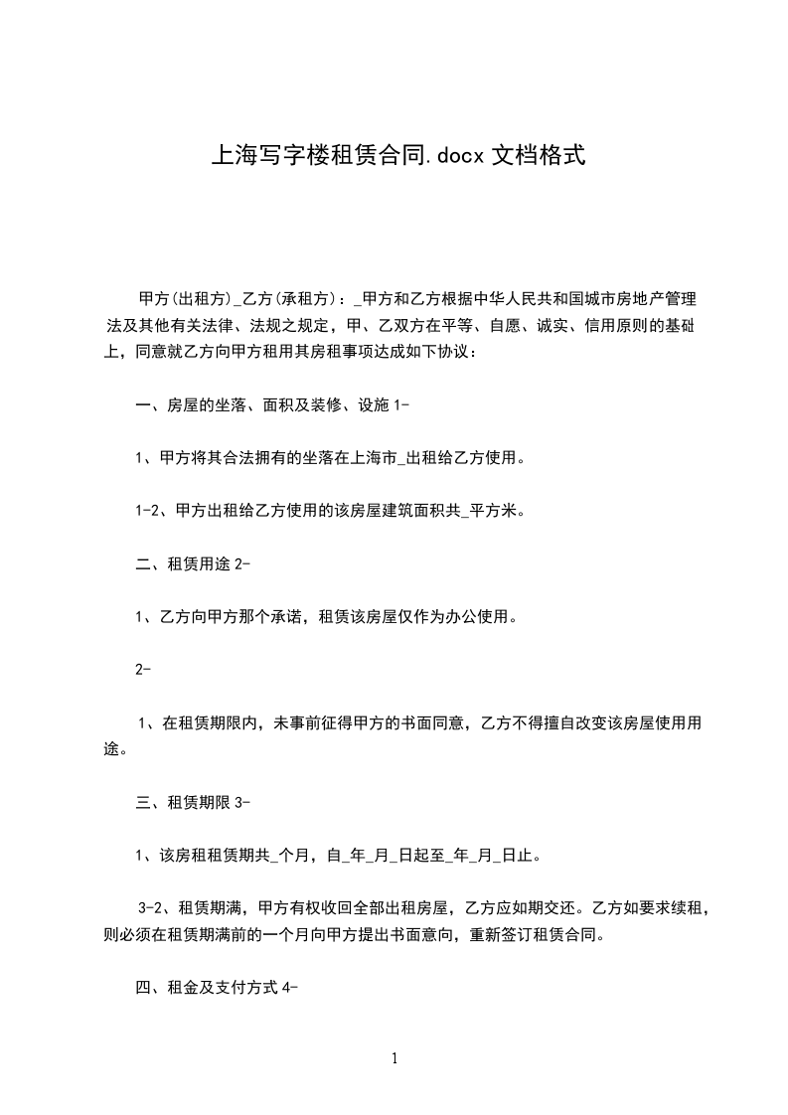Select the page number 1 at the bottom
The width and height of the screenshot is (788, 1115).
pyautogui.click(x=394, y=1058)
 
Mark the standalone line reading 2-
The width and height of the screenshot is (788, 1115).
pyautogui.click(x=142, y=670)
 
